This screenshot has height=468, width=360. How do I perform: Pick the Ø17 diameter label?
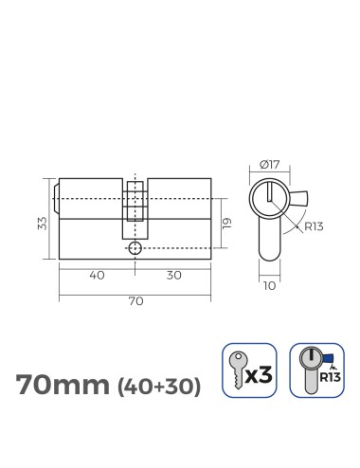click(x=270, y=168)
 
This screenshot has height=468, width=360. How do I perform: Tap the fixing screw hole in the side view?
click(x=135, y=247)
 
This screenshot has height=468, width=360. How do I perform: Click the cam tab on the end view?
click(x=301, y=202)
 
